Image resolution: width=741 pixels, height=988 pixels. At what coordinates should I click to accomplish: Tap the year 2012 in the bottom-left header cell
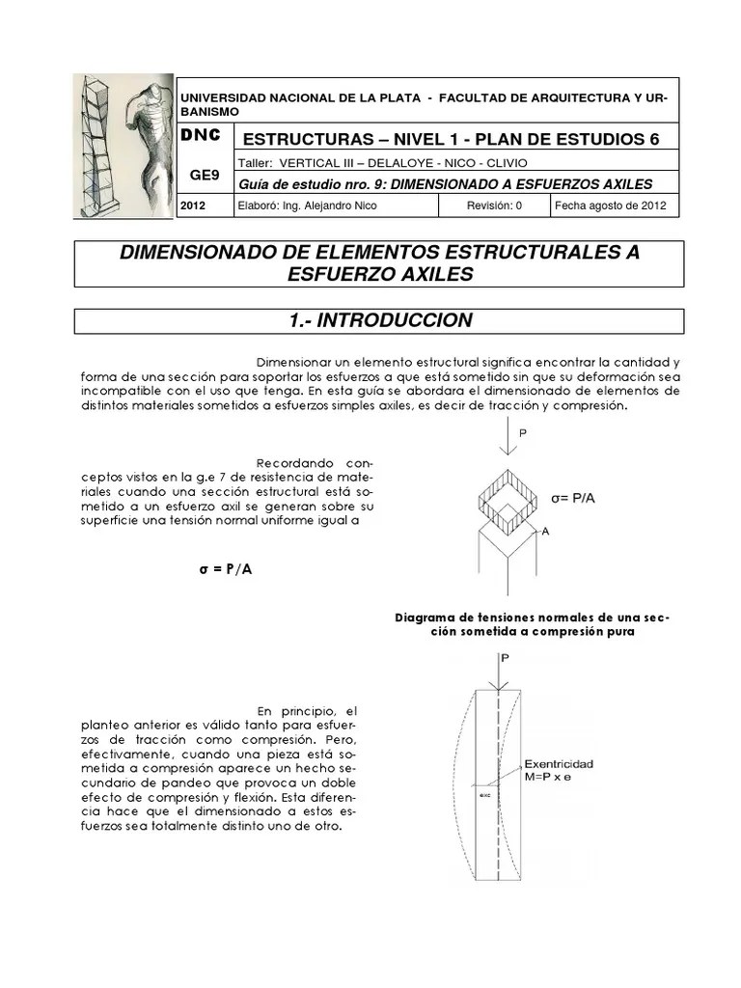pyautogui.click(x=193, y=206)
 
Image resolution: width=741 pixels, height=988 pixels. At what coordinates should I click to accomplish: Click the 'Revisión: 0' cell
pyautogui.click(x=494, y=206)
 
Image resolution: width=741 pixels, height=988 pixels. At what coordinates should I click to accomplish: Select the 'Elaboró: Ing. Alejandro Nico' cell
pyautogui.click(x=306, y=206)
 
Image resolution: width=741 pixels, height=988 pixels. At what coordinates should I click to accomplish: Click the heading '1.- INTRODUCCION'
pyautogui.click(x=379, y=320)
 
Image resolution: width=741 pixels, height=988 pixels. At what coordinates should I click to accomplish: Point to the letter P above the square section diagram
pyautogui.click(x=523, y=433)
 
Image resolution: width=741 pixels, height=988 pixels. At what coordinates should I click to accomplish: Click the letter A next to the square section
pyautogui.click(x=545, y=531)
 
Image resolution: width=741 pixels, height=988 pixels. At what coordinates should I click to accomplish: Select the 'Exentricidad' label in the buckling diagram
pyautogui.click(x=560, y=763)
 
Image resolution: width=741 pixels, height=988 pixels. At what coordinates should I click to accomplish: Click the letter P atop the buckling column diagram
pyautogui.click(x=503, y=658)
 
